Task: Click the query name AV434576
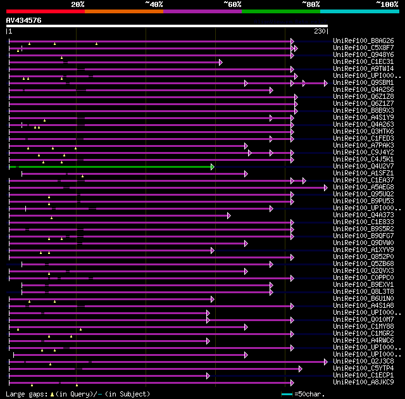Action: [x=24, y=20]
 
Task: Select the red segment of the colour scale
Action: [x=45, y=11]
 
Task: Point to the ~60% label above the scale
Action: [x=232, y=4]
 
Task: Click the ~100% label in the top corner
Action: [x=387, y=4]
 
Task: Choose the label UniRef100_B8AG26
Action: [x=363, y=41]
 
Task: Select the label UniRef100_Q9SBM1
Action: [x=363, y=83]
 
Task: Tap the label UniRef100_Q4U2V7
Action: [x=363, y=167]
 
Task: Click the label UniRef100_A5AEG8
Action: [x=363, y=187]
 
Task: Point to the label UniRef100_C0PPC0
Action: [x=363, y=278]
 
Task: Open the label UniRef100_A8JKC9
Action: [x=363, y=383]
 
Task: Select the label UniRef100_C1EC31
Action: [x=363, y=62]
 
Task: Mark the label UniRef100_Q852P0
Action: [x=363, y=257]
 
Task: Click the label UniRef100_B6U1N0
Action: [x=363, y=299]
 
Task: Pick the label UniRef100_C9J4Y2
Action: [x=363, y=153]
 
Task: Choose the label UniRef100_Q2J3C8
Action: [x=363, y=362]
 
